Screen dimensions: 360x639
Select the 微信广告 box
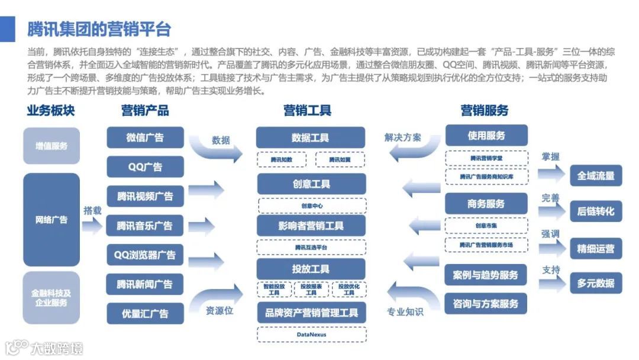(x=145, y=137)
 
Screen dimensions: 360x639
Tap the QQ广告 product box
(x=145, y=166)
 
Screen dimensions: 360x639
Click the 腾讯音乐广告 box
(x=145, y=226)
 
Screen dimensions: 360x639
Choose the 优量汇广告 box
(x=145, y=313)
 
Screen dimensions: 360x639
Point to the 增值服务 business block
(x=51, y=146)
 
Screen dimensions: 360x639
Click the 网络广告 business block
(x=51, y=220)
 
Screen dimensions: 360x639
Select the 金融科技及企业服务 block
(x=51, y=298)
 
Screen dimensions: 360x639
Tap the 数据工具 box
(x=311, y=138)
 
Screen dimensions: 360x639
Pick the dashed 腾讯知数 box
(x=281, y=159)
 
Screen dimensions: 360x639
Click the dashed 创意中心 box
(x=312, y=206)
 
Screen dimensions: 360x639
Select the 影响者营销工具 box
(x=311, y=226)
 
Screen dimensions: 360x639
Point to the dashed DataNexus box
(x=312, y=335)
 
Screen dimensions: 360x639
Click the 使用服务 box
(x=486, y=136)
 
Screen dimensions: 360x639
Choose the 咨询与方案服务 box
(x=486, y=304)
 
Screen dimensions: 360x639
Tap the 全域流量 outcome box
(x=596, y=176)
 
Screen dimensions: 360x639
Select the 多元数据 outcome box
(x=596, y=283)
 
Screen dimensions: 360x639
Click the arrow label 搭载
(x=92, y=210)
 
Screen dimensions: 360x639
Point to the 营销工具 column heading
(x=307, y=110)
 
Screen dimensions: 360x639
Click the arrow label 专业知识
(x=405, y=311)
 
